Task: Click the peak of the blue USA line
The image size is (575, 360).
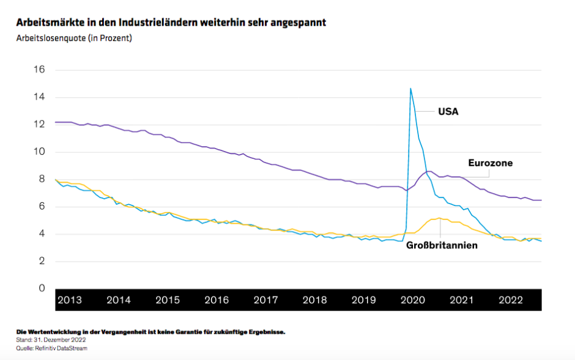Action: click(410, 89)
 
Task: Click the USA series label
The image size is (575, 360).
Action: click(448, 112)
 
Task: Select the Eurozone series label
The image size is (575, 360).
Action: click(490, 163)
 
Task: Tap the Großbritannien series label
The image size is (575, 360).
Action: click(442, 246)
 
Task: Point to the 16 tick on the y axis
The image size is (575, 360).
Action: click(39, 70)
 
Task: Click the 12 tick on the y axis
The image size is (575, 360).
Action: click(39, 125)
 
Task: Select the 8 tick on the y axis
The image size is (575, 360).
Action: click(41, 179)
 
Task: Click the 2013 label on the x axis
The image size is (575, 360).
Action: click(69, 300)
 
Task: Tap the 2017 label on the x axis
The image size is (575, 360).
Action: click(265, 300)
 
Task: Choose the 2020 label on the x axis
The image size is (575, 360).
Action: click(412, 300)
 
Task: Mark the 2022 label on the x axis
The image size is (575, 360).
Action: click(510, 300)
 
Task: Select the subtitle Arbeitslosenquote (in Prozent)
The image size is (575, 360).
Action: click(74, 38)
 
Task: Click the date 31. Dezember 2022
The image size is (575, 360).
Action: click(62, 340)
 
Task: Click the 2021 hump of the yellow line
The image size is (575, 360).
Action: click(439, 218)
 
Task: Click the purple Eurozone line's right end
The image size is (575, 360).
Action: click(541, 200)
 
